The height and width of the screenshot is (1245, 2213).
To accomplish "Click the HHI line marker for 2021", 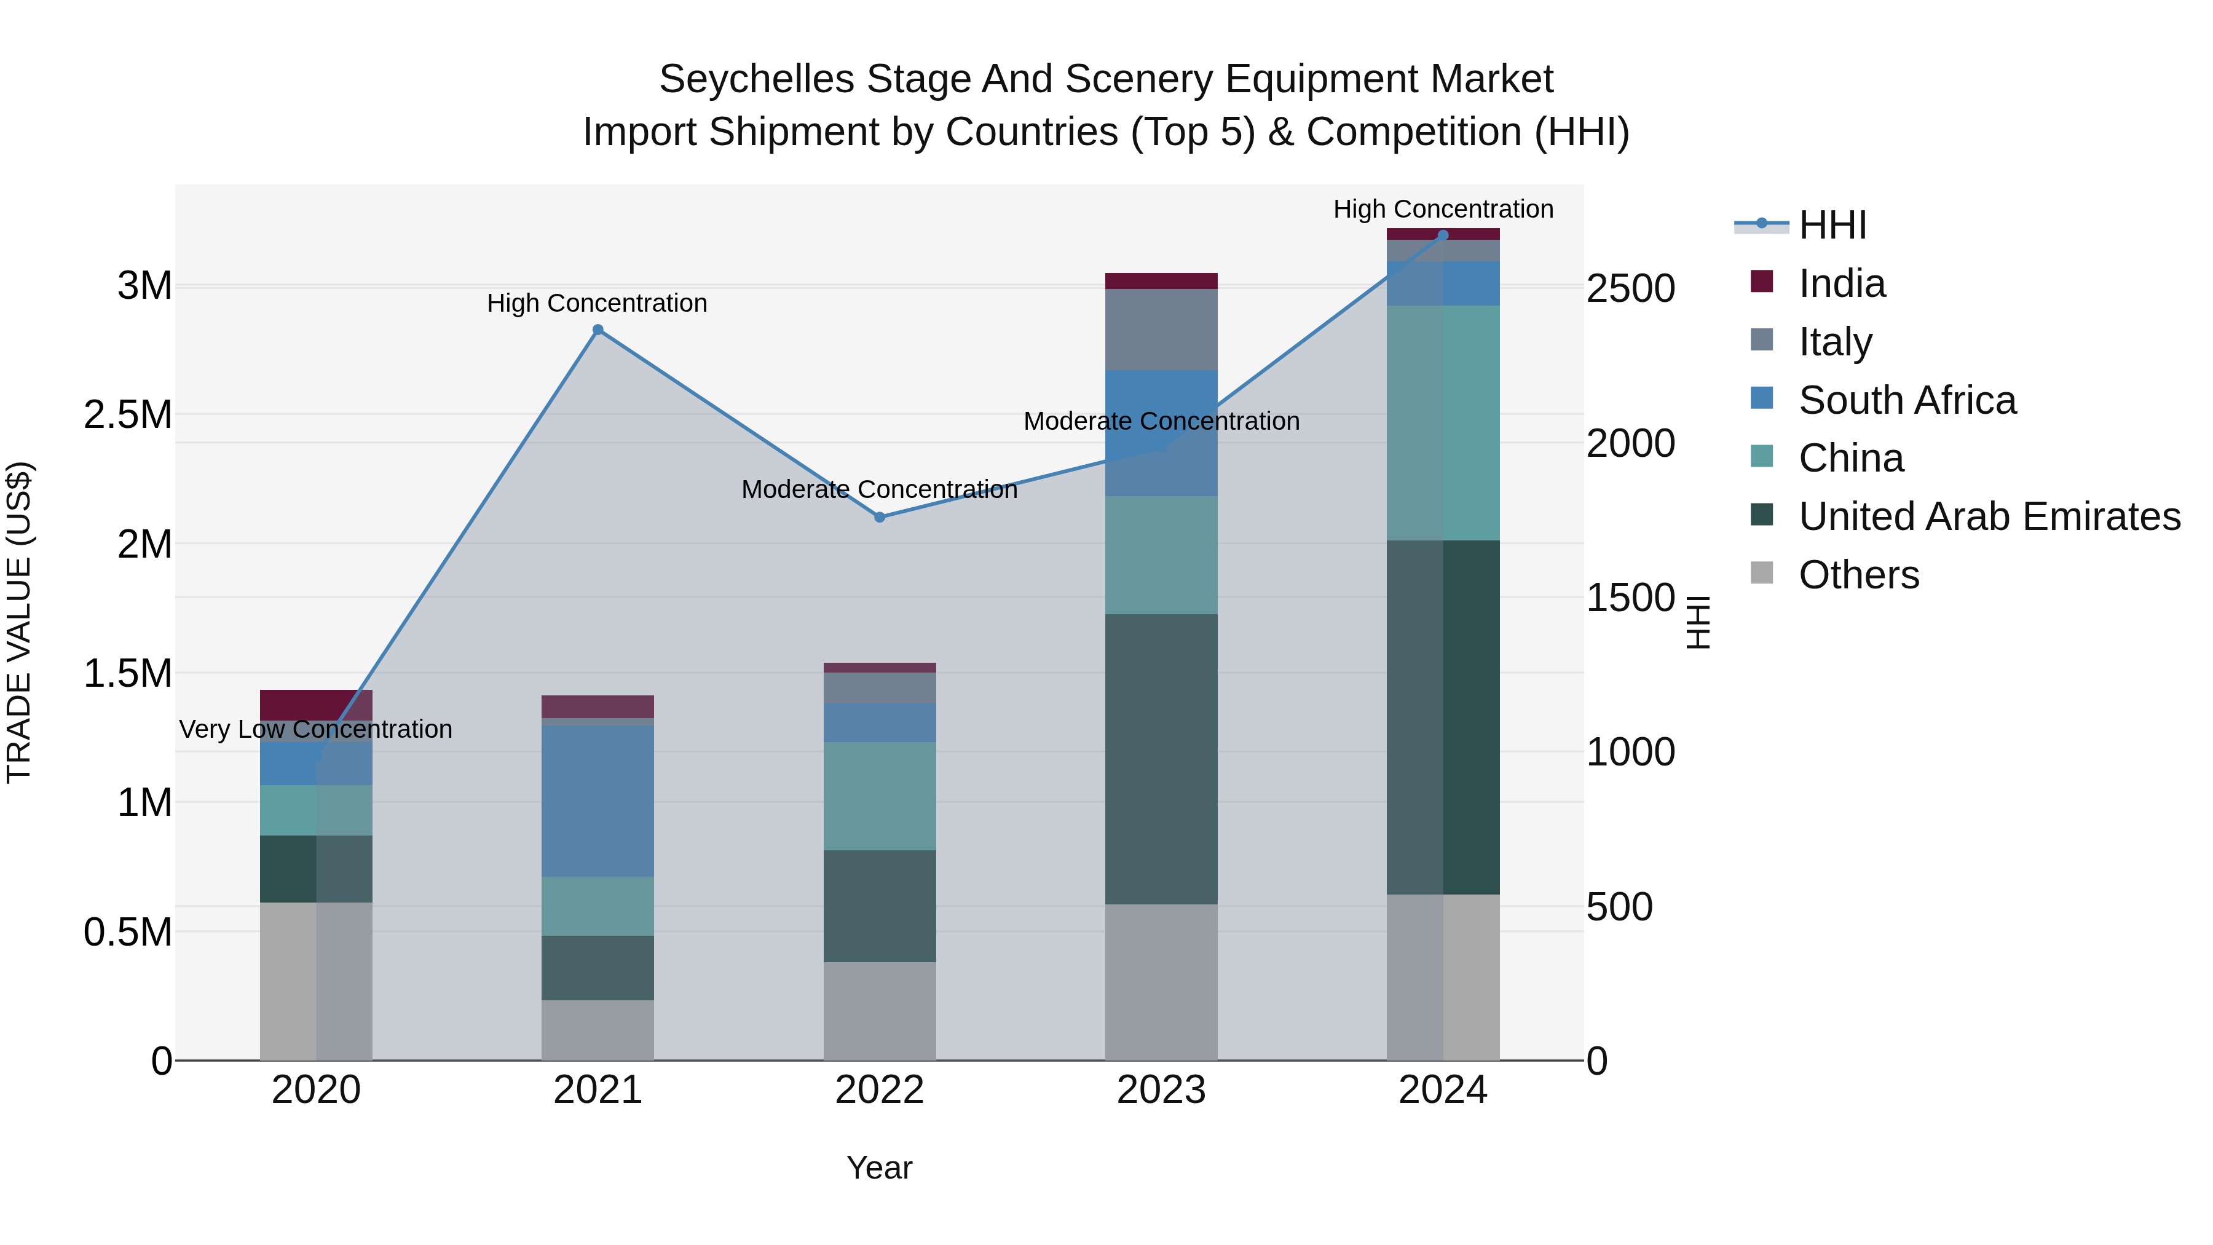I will coord(598,330).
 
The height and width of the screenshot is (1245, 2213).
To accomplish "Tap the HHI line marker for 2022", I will coord(880,517).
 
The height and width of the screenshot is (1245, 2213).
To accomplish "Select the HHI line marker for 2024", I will coord(1443,235).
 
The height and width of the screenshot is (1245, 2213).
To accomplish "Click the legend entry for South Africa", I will coord(1907,400).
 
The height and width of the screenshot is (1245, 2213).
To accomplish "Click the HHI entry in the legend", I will coord(1832,225).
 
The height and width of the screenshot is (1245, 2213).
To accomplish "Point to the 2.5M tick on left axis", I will coord(127,415).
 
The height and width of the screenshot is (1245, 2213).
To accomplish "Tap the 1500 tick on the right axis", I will coord(1630,598).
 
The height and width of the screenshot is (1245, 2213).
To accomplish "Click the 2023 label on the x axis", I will coord(1161,1090).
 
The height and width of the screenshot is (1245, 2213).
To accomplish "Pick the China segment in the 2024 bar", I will coord(1443,423).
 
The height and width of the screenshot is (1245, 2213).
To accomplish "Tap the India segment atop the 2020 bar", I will coord(316,704).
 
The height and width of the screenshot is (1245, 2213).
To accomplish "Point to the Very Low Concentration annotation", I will coord(315,729).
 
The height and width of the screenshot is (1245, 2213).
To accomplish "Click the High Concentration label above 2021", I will coord(597,303).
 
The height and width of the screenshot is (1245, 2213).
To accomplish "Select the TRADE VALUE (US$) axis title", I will coord(19,622).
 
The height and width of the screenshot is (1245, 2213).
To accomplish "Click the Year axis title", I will coord(879,1168).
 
